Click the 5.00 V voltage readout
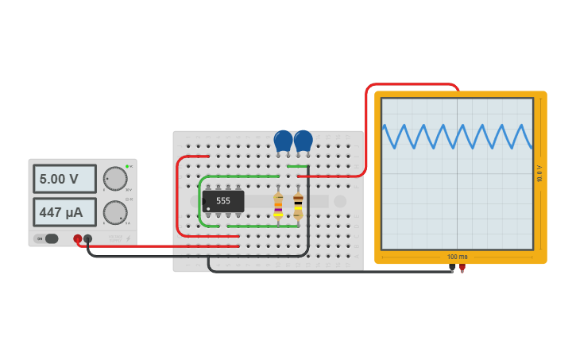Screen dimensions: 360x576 pos(64,179)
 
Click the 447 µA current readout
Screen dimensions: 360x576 pos(64,212)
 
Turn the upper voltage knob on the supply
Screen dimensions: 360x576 pos(115,179)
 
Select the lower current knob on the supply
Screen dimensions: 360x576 pos(115,212)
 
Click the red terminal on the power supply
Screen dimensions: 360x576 pos(78,238)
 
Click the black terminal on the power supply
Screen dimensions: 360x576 pos(87,238)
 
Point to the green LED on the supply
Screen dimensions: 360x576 pos(126,167)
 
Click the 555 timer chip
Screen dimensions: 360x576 pos(223,201)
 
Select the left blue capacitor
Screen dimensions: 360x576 pos(283,141)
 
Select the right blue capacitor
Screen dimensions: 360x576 pos(303,141)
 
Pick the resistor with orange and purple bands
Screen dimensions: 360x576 pos(278,205)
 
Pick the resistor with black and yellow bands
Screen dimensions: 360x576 pos(298,204)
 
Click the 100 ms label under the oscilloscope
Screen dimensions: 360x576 pos(457,257)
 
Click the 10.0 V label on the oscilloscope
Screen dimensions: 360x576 pos(539,173)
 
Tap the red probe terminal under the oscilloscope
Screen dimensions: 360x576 pos(462,268)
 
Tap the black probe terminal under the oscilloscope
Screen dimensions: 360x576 pos(452,268)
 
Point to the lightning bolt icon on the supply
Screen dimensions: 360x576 pos(128,238)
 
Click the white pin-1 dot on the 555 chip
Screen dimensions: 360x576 pos(208,209)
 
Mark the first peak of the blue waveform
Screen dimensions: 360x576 pos(385,126)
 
